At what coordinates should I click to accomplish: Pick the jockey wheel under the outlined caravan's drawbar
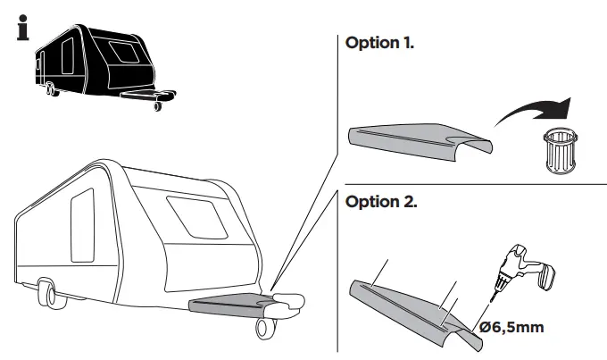265,328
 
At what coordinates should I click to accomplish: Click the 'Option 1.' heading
379,43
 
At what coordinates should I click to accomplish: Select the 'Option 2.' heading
379,202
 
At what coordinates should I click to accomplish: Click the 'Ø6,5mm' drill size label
511,328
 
